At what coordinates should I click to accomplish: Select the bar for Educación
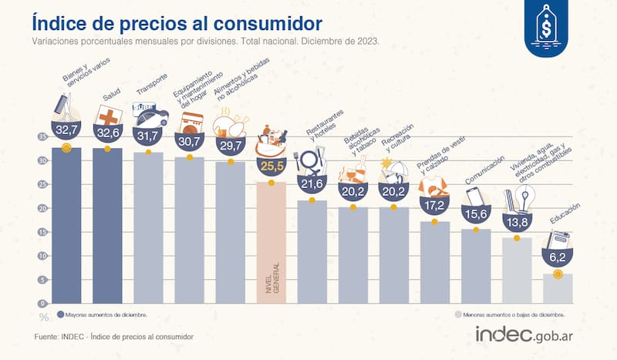point(557,288)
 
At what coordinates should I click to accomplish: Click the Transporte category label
point(151,93)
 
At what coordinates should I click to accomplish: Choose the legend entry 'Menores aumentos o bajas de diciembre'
point(513,315)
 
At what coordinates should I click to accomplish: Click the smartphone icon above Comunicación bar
point(474,196)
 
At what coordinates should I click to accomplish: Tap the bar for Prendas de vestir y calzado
point(434,262)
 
